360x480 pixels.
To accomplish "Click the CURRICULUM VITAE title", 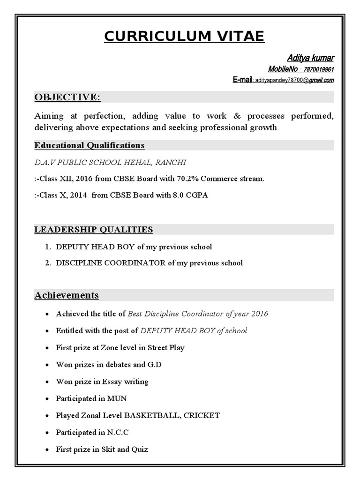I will pyautogui.click(x=184, y=36).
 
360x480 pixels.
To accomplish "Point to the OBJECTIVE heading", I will pyautogui.click(x=67, y=97).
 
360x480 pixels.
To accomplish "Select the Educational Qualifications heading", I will pyautogui.click(x=89, y=145).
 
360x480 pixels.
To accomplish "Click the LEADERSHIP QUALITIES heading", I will pyautogui.click(x=94, y=229).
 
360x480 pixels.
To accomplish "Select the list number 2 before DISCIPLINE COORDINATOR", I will pyautogui.click(x=48, y=263).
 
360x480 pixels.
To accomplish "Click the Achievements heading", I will pyautogui.click(x=67, y=295).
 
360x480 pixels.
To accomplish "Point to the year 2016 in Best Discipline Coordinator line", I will pyautogui.click(x=259, y=314).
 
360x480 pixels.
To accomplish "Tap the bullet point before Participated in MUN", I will pyautogui.click(x=47, y=399).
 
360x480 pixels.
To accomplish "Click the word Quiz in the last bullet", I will pyautogui.click(x=139, y=449).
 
